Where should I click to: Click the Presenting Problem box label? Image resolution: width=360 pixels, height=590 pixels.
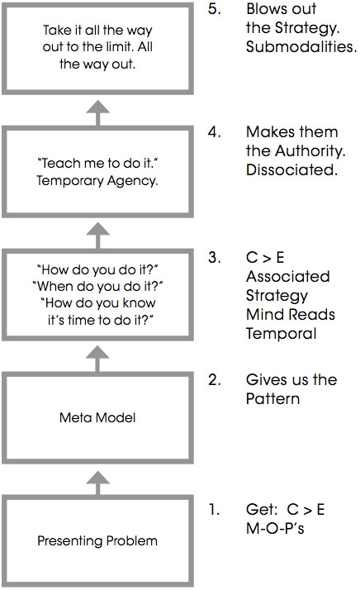click(x=97, y=540)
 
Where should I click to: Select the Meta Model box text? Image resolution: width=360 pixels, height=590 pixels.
click(x=97, y=417)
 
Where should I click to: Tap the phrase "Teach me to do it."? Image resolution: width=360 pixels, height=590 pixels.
click(x=97, y=164)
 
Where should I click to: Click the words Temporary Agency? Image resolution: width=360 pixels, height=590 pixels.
click(x=97, y=181)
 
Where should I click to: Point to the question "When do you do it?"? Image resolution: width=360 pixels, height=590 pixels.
click(x=97, y=287)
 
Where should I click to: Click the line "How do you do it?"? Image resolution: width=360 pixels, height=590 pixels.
click(x=97, y=269)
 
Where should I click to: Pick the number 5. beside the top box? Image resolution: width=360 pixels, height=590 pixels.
click(x=215, y=9)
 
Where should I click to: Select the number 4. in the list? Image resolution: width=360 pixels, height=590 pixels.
click(x=215, y=132)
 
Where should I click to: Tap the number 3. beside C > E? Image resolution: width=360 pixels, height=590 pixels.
click(x=215, y=257)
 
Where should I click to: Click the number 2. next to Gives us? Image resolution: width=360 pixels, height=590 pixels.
click(x=215, y=380)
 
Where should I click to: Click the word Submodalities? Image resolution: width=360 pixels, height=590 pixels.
click(x=301, y=47)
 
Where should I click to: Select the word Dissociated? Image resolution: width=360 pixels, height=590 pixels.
click(x=292, y=170)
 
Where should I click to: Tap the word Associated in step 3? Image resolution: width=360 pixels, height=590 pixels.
click(x=288, y=277)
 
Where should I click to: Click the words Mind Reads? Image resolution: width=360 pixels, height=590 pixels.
click(x=291, y=315)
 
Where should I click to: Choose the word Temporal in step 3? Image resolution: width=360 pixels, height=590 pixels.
click(x=282, y=334)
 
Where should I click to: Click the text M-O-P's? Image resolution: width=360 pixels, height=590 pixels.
click(x=275, y=528)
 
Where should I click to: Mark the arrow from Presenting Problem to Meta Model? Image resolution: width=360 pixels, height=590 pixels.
click(x=97, y=483)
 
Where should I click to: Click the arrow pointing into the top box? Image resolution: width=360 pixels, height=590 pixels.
click(x=97, y=113)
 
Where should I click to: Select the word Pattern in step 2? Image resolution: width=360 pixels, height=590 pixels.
click(x=273, y=399)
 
